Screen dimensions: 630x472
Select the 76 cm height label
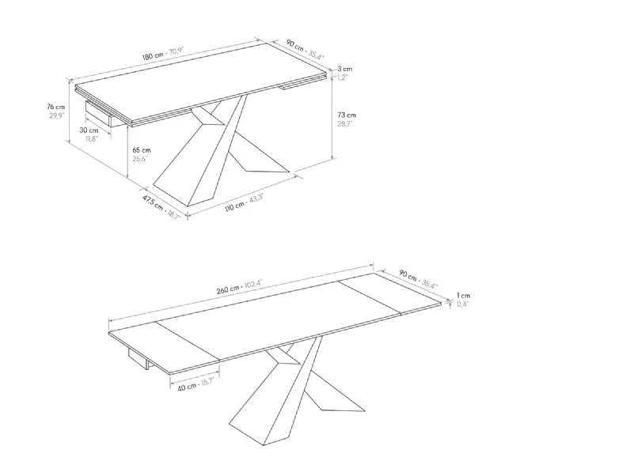coord(55,107)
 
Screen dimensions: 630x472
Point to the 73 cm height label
coord(347,115)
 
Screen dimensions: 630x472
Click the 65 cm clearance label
coord(142,150)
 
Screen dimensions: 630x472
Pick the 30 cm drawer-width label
coord(89,130)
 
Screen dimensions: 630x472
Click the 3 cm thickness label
coord(345,69)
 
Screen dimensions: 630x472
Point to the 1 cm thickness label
coord(463,296)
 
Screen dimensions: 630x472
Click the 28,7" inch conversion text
coord(345,124)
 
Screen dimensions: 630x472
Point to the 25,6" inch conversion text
coord(140,159)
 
